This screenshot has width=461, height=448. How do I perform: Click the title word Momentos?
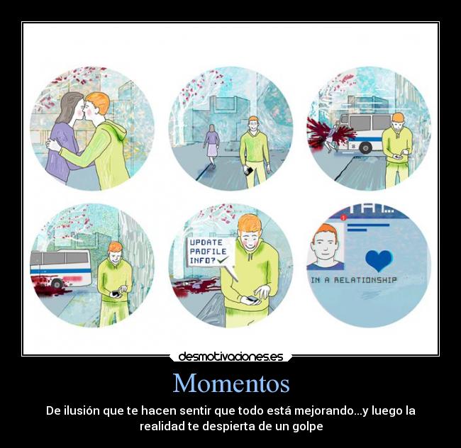pyautogui.click(x=230, y=383)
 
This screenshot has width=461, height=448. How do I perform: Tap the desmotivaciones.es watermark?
pyautogui.click(x=230, y=357)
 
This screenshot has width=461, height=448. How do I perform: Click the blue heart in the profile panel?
pyautogui.click(x=378, y=260)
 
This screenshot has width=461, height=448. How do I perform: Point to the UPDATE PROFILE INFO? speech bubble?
pyautogui.click(x=208, y=251)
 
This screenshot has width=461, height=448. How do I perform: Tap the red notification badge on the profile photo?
pyautogui.click(x=343, y=219)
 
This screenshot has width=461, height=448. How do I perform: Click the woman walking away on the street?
pyautogui.click(x=211, y=143)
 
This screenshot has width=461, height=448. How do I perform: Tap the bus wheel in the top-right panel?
pyautogui.click(x=366, y=148)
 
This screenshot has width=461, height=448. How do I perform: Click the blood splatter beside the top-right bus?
pyautogui.click(x=321, y=134)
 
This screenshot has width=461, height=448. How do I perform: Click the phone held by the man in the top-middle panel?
pyautogui.click(x=248, y=170)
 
